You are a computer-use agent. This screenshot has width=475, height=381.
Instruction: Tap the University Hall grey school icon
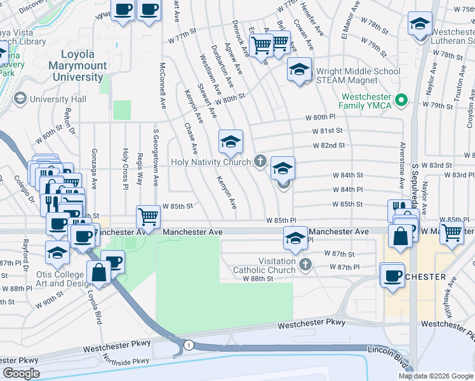click(20, 99)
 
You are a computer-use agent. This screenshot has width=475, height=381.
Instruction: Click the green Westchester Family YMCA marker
click(401, 100)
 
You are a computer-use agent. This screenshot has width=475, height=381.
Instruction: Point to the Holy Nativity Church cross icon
click(260, 161)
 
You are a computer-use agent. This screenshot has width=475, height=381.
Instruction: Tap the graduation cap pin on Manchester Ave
click(295, 238)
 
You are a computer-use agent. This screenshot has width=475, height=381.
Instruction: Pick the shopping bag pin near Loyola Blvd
click(100, 272)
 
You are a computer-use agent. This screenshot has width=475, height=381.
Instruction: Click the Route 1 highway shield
click(189, 344)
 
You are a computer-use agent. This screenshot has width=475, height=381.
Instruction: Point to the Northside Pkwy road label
click(128, 361)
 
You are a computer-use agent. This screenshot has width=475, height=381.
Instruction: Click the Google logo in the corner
click(21, 373)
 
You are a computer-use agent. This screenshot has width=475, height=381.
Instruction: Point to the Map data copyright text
click(436, 376)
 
